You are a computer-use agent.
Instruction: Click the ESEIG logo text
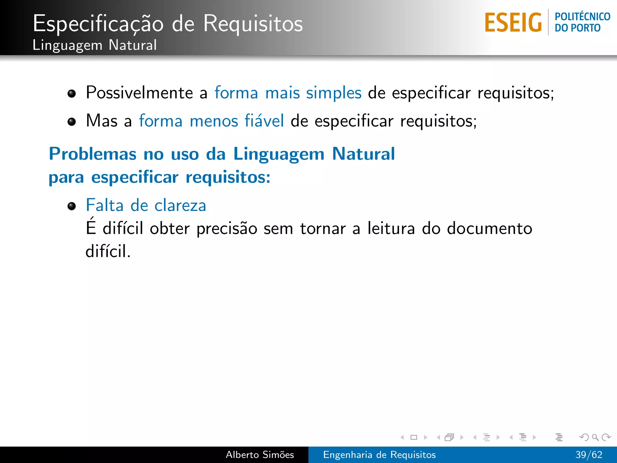513,23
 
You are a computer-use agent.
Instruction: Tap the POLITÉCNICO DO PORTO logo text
582,22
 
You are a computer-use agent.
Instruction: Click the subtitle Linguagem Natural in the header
95,45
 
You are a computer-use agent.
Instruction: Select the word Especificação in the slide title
98,24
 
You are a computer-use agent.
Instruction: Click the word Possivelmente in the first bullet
139,93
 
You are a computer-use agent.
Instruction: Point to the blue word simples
334,93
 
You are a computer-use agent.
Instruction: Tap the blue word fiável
264,121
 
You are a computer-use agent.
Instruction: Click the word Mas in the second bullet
102,121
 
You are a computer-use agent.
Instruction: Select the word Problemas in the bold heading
92,154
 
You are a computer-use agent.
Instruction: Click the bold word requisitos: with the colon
228,177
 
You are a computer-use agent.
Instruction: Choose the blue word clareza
180,206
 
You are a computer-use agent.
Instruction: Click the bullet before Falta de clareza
72,206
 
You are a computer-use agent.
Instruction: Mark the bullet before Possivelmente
72,93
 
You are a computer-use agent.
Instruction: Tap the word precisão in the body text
227,229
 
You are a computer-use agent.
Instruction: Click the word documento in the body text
489,228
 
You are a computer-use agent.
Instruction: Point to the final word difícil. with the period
108,251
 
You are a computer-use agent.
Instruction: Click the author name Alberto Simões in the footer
260,455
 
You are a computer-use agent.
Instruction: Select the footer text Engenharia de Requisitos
379,455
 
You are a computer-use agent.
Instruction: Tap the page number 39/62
589,455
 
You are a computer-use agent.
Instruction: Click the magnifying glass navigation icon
595,437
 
